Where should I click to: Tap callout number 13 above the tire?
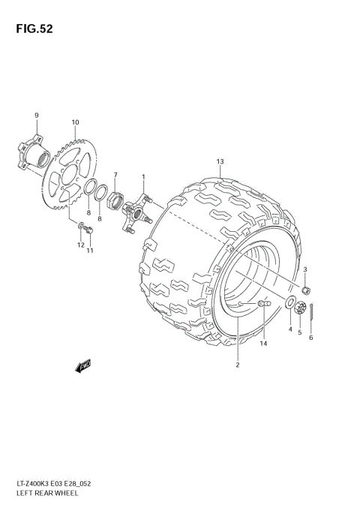(x=220, y=162)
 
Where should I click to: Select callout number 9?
(x=36, y=114)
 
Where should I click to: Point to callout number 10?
(x=75, y=122)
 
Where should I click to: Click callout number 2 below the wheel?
(x=237, y=365)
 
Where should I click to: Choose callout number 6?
(x=311, y=338)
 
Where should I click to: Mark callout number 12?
(x=79, y=245)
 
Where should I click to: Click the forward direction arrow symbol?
(x=82, y=365)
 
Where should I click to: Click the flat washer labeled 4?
(x=289, y=303)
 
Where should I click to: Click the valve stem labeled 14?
(x=263, y=303)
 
